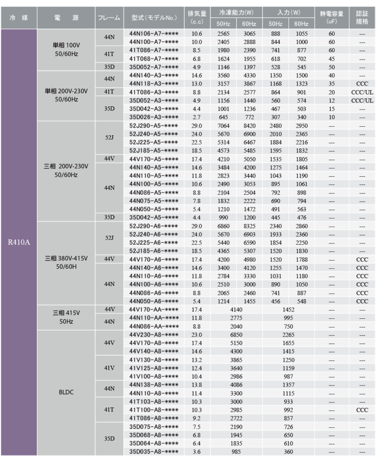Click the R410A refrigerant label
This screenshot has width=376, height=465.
pos(18,242)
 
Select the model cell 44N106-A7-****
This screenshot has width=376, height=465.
pos(153,34)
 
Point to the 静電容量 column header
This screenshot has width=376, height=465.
pos(331,18)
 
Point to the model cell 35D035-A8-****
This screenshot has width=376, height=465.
pos(153,451)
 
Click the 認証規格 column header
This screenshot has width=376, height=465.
pos(362,18)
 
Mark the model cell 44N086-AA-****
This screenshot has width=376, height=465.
pos(153,326)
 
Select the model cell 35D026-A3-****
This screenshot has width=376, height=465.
pos(153,117)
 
